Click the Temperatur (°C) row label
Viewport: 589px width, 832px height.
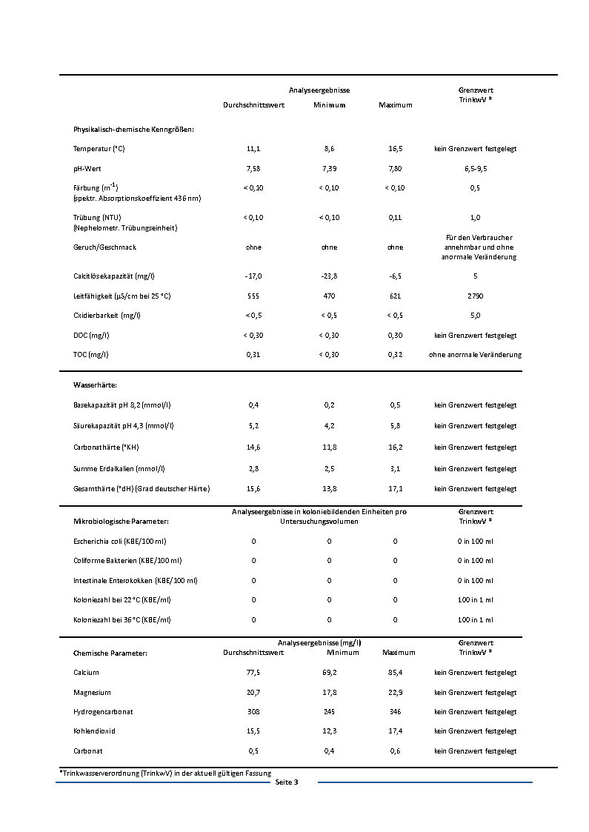tap(99, 149)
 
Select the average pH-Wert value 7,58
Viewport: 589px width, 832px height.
tap(253, 168)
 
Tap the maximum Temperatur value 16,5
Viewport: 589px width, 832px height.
tap(396, 149)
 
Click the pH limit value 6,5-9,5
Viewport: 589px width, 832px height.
tap(475, 168)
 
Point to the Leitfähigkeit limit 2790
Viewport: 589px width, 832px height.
tap(475, 296)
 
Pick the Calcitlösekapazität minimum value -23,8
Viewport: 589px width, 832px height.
tap(329, 276)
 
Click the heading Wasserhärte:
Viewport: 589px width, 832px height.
tap(95, 385)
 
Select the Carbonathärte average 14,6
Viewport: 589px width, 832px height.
tap(253, 447)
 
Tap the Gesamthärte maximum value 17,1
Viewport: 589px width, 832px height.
tap(396, 489)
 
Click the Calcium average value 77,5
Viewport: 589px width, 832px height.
tap(253, 673)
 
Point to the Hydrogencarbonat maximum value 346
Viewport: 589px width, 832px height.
tap(396, 711)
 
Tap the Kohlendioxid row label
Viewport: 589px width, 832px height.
tap(94, 731)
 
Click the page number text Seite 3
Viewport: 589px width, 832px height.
tap(286, 782)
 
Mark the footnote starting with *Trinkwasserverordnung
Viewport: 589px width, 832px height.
tap(165, 773)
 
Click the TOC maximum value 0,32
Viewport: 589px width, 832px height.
tap(396, 355)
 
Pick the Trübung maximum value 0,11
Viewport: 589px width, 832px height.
tap(396, 218)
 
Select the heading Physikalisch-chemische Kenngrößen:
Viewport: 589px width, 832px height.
tap(133, 130)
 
